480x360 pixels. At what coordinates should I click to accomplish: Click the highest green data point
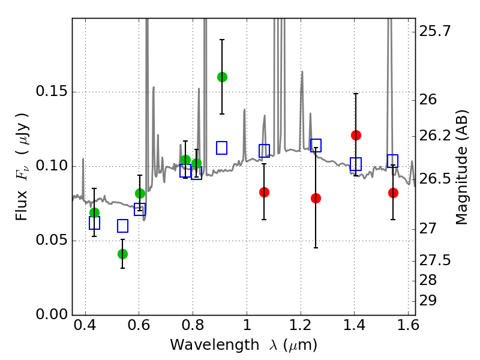click(222, 77)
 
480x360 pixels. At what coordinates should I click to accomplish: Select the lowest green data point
click(122, 254)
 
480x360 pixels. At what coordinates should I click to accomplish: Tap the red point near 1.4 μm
click(356, 135)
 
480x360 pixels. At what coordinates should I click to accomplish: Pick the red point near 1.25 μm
click(316, 198)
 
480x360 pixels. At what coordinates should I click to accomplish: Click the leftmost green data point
click(94, 212)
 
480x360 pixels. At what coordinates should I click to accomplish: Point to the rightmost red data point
click(393, 193)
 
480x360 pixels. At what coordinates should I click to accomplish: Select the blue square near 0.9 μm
click(221, 148)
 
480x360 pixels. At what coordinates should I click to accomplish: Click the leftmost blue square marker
click(94, 223)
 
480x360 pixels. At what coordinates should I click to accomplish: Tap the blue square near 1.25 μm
click(316, 145)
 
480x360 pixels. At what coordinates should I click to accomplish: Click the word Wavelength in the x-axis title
click(203, 345)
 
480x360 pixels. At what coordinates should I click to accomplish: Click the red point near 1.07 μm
click(264, 192)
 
